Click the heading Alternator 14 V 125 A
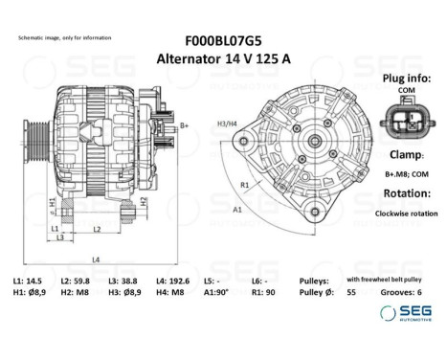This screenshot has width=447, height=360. pyautogui.click(x=223, y=58)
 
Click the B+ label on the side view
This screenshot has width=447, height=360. pyautogui.click(x=185, y=125)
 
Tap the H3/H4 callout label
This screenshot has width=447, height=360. pyautogui.click(x=226, y=124)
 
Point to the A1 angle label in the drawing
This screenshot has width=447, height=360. pyautogui.click(x=235, y=208)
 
